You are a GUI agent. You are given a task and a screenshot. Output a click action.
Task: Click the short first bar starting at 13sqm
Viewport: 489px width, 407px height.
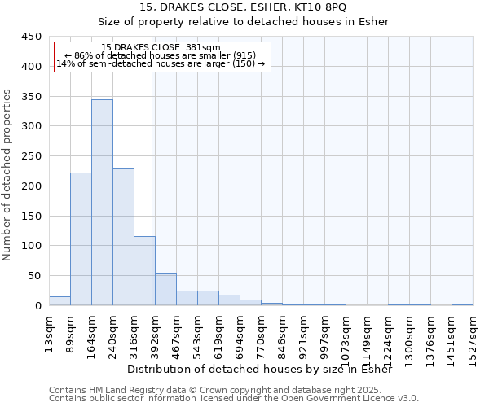59,300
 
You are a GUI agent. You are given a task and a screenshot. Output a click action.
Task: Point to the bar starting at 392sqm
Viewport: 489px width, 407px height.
165,289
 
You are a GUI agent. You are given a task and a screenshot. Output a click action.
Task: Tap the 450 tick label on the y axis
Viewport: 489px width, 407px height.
31,37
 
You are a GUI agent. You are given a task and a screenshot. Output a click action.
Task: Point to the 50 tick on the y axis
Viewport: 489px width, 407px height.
33,276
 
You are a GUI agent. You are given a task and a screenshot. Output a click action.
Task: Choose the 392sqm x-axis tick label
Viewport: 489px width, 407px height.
156,333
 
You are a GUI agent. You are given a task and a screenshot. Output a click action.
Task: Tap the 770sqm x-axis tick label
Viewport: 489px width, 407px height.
262,333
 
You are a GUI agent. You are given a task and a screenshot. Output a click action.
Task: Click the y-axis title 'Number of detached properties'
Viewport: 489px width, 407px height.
7,175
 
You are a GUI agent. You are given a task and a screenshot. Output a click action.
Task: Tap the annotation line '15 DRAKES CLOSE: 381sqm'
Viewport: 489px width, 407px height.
161,48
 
